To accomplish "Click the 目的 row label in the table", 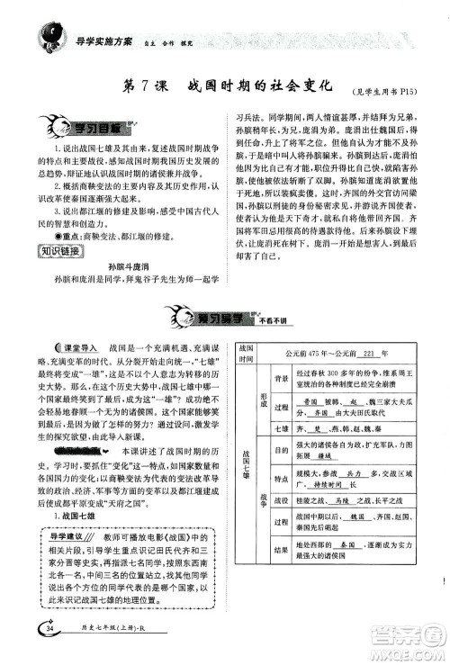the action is pos(280,453).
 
